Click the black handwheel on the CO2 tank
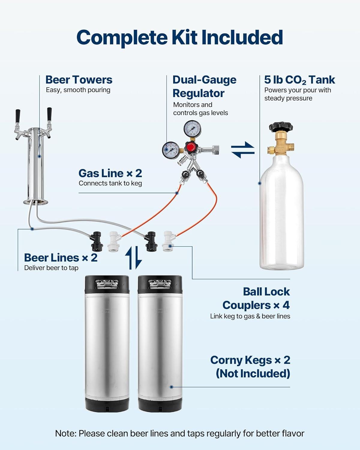281,127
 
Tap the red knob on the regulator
191,147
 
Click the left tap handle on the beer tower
18,116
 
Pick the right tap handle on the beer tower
49,114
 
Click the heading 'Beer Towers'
79,80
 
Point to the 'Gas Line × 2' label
110,173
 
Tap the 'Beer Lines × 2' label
61,258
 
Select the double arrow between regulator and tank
243,149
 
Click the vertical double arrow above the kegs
133,258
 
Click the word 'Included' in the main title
242,37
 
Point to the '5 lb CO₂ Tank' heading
299,80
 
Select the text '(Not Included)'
253,373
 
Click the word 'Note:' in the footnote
66,433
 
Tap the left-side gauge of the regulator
171,149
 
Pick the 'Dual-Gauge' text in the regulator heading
204,80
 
